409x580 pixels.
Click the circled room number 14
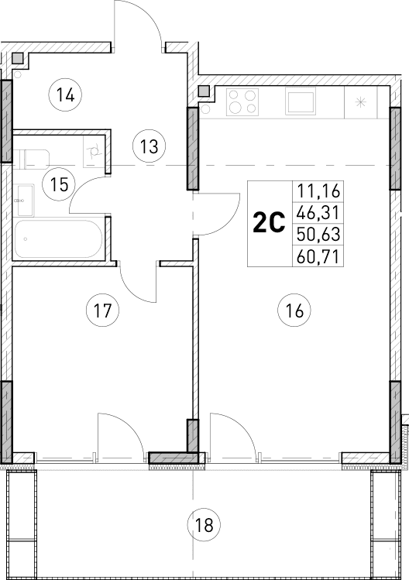(65, 96)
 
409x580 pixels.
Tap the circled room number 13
(149, 143)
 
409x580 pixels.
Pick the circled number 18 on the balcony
(204, 524)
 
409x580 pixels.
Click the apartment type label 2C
(269, 223)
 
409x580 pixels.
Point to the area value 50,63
(318, 234)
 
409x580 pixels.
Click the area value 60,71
(318, 256)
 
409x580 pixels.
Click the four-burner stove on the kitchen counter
(244, 101)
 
